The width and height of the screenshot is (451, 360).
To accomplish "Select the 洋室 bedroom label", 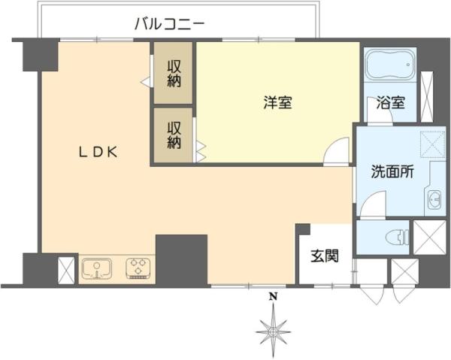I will [277, 104].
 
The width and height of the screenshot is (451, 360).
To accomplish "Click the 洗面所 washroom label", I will [392, 171].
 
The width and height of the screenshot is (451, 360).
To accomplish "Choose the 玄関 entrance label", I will [325, 256].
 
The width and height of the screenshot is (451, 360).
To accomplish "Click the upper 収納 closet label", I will [174, 74].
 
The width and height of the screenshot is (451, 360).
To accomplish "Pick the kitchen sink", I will [96, 268].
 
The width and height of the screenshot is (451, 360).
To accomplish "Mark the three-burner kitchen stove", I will [138, 268].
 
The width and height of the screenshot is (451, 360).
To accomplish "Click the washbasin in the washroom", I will [434, 199].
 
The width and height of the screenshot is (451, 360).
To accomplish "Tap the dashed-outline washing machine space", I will [433, 142].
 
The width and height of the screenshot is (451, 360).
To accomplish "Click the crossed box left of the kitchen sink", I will [66, 268].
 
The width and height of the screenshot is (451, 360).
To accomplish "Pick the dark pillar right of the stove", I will [181, 259].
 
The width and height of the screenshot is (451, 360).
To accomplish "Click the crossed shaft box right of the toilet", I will [429, 237].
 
